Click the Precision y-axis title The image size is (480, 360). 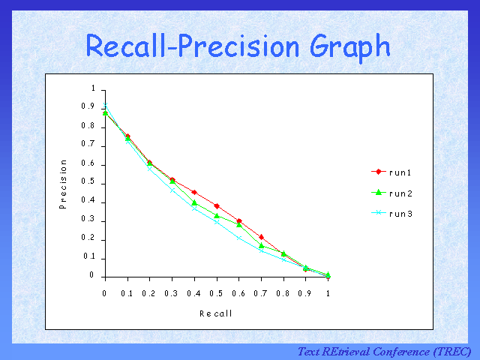click(x=64, y=183)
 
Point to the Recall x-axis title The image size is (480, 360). click(x=215, y=313)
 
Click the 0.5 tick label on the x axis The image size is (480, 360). click(x=217, y=294)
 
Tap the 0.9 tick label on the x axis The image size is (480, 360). click(x=306, y=294)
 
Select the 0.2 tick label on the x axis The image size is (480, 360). click(x=150, y=294)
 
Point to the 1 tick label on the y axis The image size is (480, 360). click(x=94, y=88)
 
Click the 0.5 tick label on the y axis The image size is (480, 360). click(x=90, y=182)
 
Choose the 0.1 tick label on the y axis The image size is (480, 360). click(x=90, y=256)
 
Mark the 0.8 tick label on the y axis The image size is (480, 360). click(x=90, y=126)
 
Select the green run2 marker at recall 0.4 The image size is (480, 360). click(x=194, y=202)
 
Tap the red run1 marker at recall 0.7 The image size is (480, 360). click(x=261, y=237)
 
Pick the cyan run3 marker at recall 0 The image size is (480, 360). click(x=105, y=106)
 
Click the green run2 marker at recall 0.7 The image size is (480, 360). click(x=262, y=245)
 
